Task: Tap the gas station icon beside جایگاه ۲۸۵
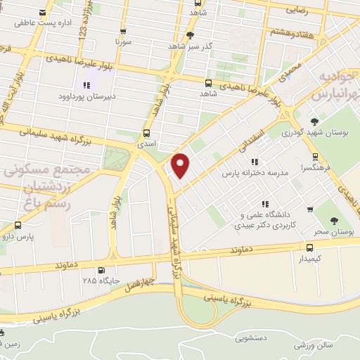point(103,269)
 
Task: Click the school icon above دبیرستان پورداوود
point(86,85)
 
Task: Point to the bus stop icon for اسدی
point(147,132)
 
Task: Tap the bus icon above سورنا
point(124,32)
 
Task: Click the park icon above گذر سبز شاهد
point(190,35)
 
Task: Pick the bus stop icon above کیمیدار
point(309,247)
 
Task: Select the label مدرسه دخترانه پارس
point(256,172)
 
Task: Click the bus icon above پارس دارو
point(18,226)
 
